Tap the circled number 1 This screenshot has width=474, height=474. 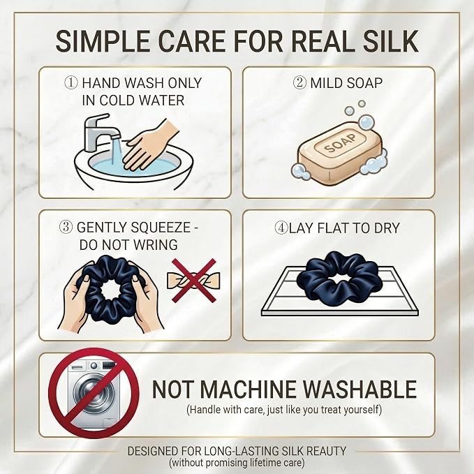(x=71, y=83)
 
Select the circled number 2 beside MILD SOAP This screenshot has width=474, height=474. (x=300, y=82)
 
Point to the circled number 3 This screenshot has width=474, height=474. (x=66, y=227)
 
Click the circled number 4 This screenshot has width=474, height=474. (x=281, y=228)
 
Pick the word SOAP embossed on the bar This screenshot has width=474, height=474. (x=341, y=143)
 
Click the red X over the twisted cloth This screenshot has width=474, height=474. (x=194, y=281)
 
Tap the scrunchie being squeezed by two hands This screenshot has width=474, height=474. (x=110, y=290)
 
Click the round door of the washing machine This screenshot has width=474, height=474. (x=94, y=394)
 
